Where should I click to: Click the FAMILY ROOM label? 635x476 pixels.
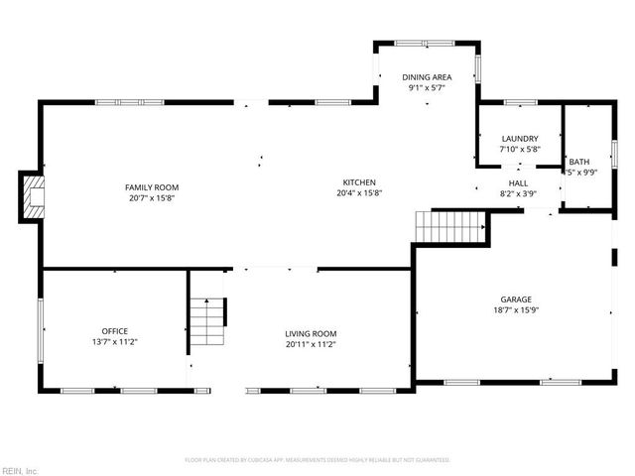(x=152, y=186)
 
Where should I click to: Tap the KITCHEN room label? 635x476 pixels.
(x=360, y=181)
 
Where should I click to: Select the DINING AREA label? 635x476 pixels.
(x=427, y=76)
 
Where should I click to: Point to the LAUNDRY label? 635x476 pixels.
(x=520, y=139)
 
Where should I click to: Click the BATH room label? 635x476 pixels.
(x=578, y=162)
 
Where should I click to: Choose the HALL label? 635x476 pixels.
(x=518, y=182)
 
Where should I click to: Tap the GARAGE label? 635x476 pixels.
(x=516, y=299)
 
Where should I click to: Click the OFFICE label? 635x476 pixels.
(x=115, y=331)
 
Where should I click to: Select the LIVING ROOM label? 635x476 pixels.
(x=312, y=333)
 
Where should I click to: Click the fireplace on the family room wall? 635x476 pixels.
(x=33, y=196)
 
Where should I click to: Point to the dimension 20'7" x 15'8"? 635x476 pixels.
(x=152, y=198)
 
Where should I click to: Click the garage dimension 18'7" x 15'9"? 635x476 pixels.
(x=516, y=310)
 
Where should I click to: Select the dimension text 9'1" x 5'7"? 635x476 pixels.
(x=427, y=87)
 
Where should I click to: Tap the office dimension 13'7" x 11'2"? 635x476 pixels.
(x=115, y=343)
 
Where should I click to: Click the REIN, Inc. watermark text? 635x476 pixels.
(x=20, y=469)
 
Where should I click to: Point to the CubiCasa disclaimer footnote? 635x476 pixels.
(x=317, y=460)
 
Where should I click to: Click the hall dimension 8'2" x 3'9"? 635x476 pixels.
(x=518, y=193)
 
